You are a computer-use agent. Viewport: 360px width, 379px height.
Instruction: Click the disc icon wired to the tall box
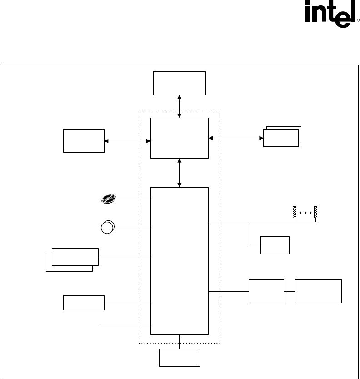point(108,198)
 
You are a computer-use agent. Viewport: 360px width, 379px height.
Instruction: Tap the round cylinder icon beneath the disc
point(108,227)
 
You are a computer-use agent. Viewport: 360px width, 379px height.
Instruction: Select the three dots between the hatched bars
point(305,212)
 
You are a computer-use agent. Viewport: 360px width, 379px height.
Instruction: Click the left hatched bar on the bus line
point(295,212)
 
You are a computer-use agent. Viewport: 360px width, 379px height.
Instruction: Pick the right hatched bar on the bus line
point(316,212)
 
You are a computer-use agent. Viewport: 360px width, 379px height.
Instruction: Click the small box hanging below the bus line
point(275,245)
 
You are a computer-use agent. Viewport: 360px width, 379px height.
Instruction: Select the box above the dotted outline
point(180,83)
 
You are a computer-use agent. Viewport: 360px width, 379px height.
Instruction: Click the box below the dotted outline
point(180,358)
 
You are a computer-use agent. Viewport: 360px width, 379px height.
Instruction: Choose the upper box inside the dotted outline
point(180,138)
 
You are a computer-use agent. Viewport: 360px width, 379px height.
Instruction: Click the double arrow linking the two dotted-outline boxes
point(180,173)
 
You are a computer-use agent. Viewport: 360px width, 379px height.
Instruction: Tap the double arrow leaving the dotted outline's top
point(180,106)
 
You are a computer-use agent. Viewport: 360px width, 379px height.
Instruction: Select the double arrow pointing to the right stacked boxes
point(235,138)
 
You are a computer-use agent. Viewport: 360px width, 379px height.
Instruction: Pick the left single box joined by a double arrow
point(84,141)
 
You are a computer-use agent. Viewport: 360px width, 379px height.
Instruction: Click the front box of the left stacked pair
point(75,257)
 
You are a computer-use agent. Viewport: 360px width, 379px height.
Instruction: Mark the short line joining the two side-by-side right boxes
point(290,291)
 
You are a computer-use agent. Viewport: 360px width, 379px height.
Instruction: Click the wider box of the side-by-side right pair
point(318,291)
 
